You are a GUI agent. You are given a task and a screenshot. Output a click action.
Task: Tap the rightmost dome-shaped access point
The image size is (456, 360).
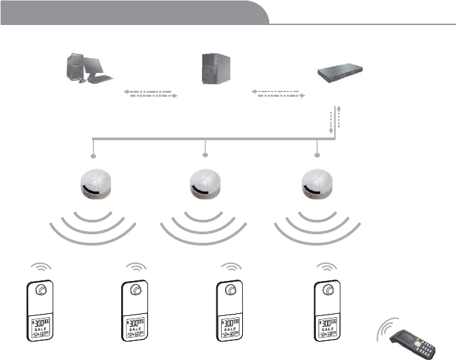click(317, 184)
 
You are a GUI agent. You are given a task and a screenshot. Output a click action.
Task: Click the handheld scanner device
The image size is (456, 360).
click(413, 341)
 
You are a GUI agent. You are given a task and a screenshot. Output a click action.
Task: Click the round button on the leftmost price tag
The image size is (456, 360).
click(41, 290)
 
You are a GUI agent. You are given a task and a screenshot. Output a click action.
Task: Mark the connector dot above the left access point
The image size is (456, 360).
click(93, 156)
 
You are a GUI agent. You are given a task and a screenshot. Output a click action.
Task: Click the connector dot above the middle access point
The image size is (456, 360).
click(205, 155)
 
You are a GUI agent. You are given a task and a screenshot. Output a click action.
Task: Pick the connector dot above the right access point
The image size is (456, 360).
click(317, 155)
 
